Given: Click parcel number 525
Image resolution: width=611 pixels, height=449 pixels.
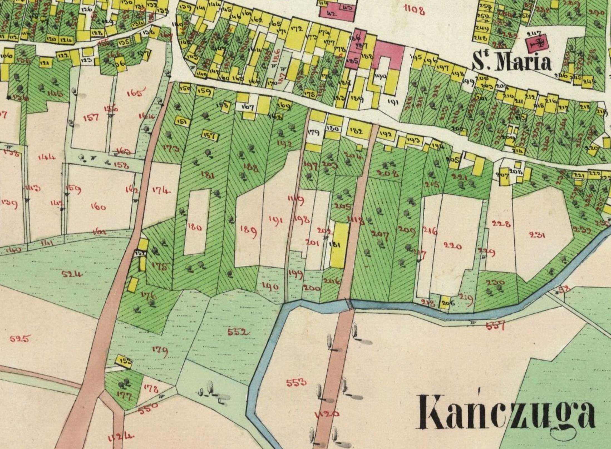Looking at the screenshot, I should [x=19, y=339].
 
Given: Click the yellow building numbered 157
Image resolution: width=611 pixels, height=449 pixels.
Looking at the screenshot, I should [x=209, y=136].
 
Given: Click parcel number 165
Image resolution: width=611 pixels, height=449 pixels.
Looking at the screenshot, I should [x=136, y=93].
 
